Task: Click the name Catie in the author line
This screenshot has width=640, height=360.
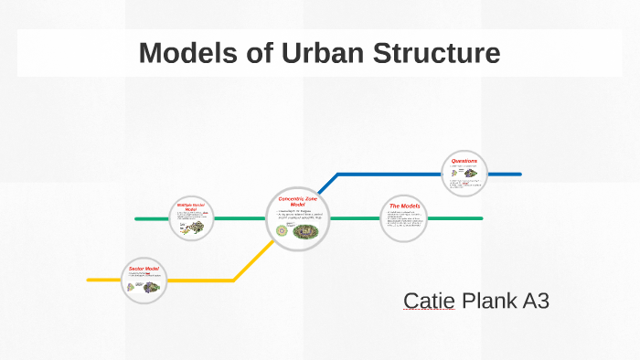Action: coord(429,301)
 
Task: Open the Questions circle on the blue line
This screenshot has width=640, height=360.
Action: coord(464,174)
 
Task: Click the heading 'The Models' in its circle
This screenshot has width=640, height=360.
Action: coord(404,206)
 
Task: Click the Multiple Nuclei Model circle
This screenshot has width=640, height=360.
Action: coord(191,219)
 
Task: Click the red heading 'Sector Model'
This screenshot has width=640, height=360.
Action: coord(144,269)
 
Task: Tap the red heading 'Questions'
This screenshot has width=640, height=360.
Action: coord(464,161)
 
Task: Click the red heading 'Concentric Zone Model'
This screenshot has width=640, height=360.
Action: coord(296,201)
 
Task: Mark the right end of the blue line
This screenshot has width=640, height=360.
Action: coord(519,174)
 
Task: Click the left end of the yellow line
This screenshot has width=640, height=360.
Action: coord(90,280)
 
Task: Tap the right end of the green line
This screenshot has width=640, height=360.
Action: coord(481,218)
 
